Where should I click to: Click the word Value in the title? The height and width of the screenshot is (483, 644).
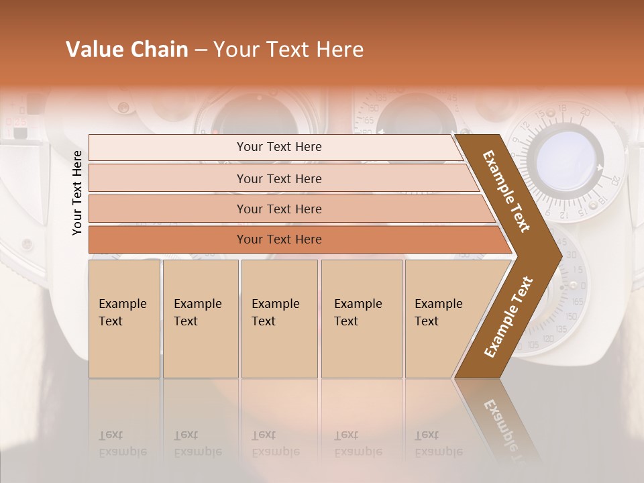click(93, 50)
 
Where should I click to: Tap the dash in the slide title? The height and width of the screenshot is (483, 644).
click(201, 50)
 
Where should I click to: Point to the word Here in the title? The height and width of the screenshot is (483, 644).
click(340, 50)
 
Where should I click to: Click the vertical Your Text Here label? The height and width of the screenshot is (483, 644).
click(77, 193)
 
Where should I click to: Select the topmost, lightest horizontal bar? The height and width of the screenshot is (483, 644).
click(278, 147)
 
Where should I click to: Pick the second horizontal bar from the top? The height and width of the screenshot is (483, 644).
click(278, 178)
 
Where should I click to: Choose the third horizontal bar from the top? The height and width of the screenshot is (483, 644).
click(278, 209)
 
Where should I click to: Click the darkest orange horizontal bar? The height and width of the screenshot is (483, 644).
click(278, 239)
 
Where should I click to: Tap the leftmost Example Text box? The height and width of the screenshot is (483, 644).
click(124, 319)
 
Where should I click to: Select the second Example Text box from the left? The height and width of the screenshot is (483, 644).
click(200, 319)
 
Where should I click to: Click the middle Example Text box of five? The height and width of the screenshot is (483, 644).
click(279, 319)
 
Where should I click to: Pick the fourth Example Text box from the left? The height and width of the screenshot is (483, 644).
click(361, 319)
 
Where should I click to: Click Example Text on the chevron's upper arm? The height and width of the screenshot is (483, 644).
click(506, 191)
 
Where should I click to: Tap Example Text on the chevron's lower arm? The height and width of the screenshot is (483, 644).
click(508, 317)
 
